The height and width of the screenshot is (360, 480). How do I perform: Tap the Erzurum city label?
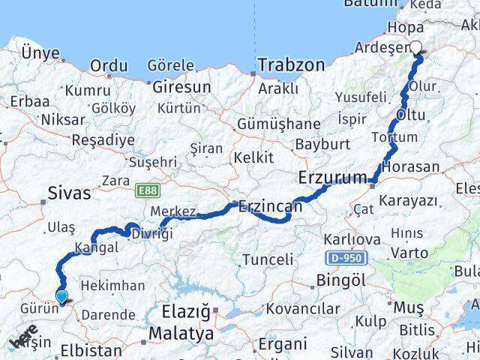(330, 179)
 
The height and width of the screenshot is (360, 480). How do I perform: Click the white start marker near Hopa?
(417, 47)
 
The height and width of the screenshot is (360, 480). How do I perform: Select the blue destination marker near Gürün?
(61, 298)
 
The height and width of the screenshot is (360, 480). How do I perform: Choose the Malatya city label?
(180, 331)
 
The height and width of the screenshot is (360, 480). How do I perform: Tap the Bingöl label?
(340, 280)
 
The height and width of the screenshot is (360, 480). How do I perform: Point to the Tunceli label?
(267, 259)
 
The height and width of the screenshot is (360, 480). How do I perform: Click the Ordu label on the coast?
(108, 67)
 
